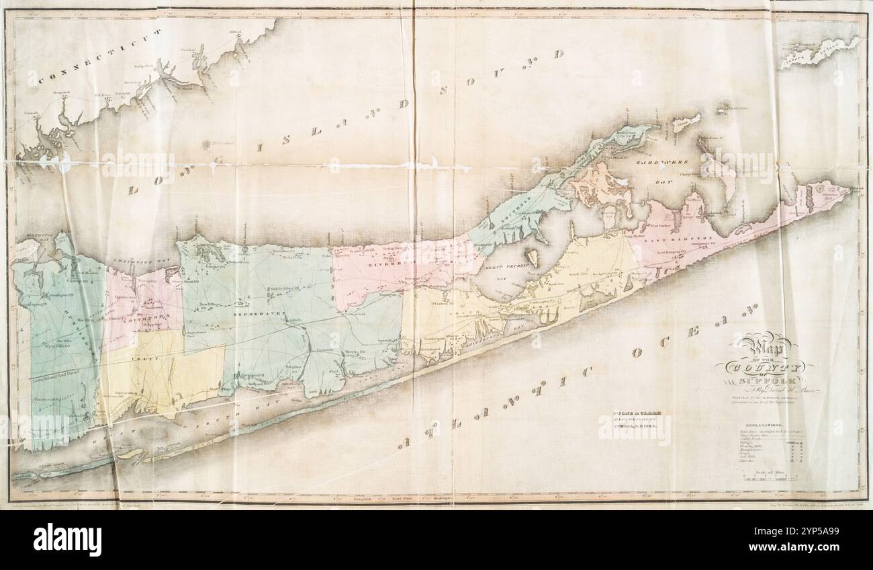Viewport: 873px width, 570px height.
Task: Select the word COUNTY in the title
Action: (762, 368)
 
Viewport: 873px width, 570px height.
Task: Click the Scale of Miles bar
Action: (769, 479)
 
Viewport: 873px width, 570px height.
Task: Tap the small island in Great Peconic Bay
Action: (531, 257)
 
